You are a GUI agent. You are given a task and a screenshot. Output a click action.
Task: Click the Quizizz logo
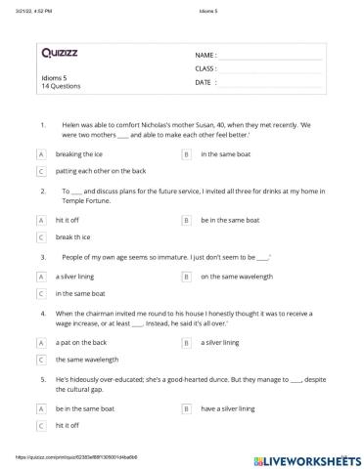(x=62, y=54)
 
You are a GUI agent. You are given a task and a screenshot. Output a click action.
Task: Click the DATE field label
(x=205, y=83)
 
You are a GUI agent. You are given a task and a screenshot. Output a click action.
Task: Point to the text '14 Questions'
(x=62, y=86)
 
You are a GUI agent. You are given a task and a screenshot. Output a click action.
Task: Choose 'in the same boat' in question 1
(x=224, y=154)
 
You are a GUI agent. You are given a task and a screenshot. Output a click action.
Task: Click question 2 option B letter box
(x=186, y=221)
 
